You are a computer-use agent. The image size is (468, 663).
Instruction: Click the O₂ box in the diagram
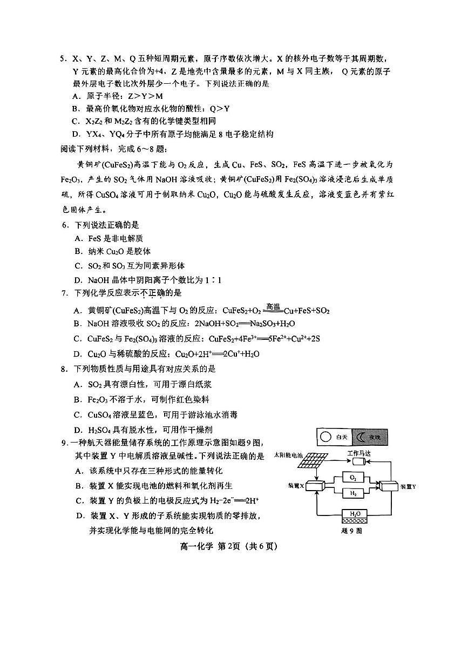click(x=353, y=478)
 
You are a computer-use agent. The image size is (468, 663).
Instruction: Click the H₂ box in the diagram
click(x=353, y=493)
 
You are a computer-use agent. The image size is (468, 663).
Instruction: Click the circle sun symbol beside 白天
click(x=324, y=437)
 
